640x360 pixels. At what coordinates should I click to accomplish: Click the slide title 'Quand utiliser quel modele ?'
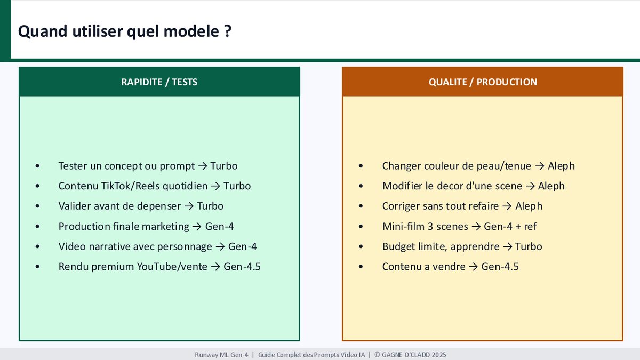pos(125,31)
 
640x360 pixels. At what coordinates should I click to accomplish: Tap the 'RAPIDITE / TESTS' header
pos(159,82)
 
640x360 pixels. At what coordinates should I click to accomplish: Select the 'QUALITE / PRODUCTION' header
pos(483,82)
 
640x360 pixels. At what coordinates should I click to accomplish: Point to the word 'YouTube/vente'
pos(172,267)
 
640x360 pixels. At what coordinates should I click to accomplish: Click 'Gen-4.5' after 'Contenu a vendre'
pos(500,267)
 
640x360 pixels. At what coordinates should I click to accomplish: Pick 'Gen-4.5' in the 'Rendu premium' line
pos(242,267)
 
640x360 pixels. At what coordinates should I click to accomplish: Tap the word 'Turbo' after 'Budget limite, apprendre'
pos(529,246)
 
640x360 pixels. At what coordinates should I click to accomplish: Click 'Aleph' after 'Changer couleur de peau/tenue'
pos(561,166)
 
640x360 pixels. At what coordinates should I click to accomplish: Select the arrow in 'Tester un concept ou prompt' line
pos(203,166)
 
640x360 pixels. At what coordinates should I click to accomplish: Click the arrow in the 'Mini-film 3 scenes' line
pos(476,227)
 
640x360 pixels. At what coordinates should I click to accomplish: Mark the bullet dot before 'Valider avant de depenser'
pos(37,206)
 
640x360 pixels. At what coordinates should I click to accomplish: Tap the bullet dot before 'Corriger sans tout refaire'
pos(361,206)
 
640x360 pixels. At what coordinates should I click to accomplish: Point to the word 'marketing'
pos(165,227)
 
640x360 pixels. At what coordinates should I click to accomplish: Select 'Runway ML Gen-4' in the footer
pos(221,355)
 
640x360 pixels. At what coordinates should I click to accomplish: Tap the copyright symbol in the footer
pos(377,355)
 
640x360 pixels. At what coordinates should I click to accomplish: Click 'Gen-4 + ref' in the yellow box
pos(510,227)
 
